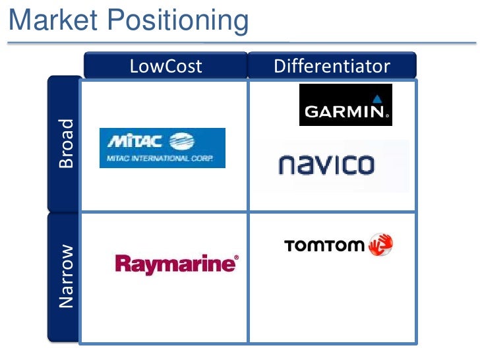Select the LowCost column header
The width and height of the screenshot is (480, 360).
[x=165, y=66]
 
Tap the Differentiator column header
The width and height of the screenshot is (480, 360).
[x=332, y=66]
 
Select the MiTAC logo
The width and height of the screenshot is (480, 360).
[x=162, y=148]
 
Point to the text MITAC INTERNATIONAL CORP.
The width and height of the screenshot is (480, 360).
[x=156, y=158]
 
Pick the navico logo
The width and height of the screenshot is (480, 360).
[x=326, y=164]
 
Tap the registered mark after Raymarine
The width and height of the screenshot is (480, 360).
[x=236, y=258]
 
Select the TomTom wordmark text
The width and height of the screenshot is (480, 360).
[x=324, y=246]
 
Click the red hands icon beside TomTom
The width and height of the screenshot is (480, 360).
[x=380, y=245]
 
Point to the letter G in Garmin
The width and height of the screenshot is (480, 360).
[x=311, y=112]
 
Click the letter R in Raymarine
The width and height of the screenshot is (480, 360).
[x=122, y=264]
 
